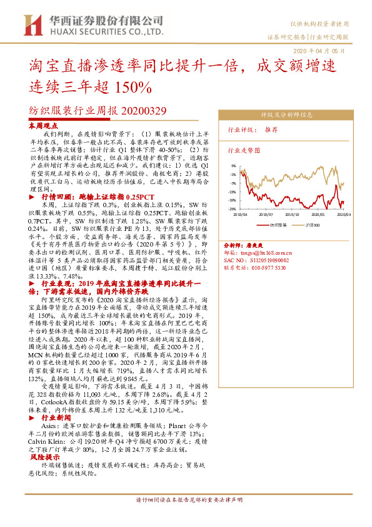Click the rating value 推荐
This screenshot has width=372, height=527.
(271, 130)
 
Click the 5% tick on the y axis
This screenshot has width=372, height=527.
(233, 166)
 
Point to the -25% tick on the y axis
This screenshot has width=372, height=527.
(231, 208)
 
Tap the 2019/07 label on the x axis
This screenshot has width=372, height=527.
(269, 213)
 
